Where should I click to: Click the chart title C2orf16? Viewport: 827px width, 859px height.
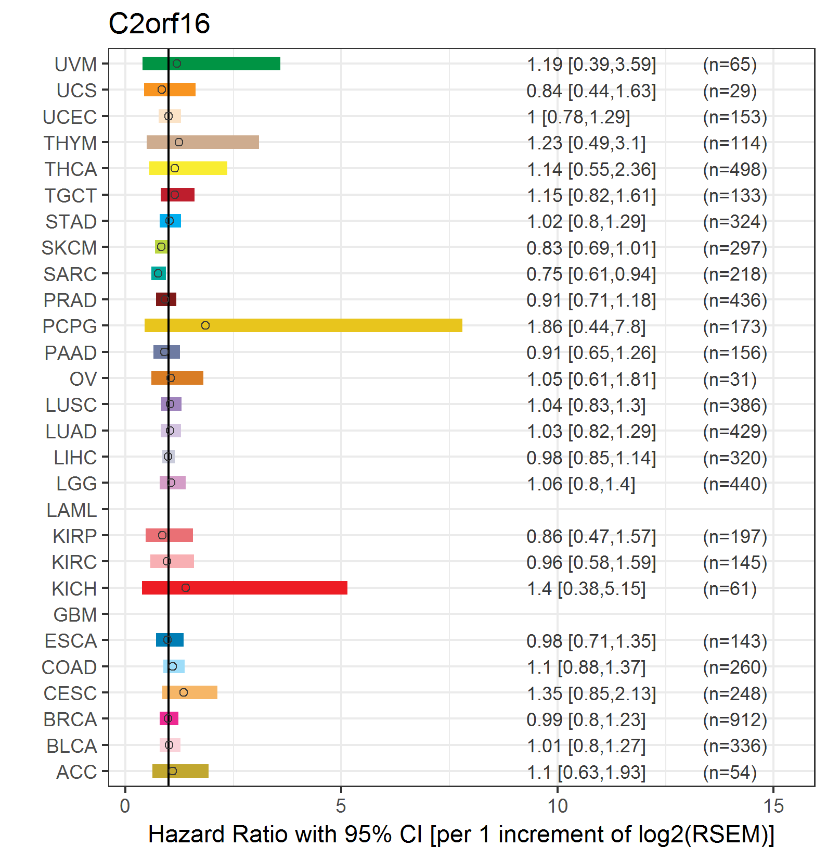159,23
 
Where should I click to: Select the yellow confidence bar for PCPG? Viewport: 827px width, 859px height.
303,325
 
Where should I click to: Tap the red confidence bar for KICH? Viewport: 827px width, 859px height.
244,588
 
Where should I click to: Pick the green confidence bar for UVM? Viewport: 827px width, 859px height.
211,64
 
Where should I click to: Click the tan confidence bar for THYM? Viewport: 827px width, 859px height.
203,142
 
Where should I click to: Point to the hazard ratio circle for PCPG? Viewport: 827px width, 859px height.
205,325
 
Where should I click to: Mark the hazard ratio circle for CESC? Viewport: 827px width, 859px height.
184,692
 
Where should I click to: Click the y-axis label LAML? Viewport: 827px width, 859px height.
72,510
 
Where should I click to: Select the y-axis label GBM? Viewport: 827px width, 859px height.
75,615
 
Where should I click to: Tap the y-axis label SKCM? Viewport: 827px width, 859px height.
69,248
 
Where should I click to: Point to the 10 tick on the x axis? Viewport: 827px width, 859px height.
558,789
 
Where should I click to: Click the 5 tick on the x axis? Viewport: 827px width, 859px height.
341,789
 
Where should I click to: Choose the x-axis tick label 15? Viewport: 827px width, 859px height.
773,806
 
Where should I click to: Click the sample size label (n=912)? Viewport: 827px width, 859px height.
735,719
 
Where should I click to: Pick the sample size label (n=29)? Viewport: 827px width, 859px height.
730,91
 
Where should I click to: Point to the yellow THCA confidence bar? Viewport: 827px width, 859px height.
188,168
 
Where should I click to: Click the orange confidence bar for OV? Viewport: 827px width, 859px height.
177,378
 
